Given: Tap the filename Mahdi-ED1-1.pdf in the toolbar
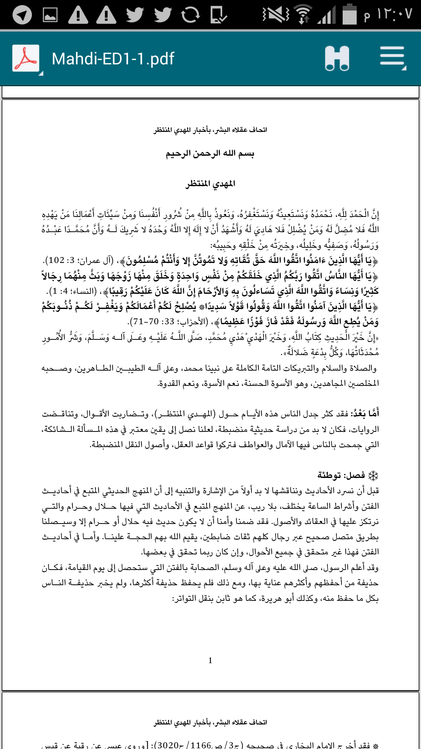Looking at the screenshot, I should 113,59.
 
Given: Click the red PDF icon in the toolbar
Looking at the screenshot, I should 26,59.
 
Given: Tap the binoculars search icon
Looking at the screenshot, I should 337,59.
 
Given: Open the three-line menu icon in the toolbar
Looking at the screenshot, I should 393,58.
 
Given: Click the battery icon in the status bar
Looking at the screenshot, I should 350,15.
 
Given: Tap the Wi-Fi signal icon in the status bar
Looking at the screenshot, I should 304,15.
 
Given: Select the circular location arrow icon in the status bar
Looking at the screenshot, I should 22,15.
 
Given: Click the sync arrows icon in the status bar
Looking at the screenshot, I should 191,15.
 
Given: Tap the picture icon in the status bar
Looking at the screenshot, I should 50,15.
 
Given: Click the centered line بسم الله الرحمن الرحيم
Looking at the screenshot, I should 210,154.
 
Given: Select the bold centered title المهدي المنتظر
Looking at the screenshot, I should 210,183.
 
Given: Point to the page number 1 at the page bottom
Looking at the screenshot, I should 210,660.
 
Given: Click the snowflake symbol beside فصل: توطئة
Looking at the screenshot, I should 373,476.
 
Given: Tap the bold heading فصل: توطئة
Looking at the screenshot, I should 341,475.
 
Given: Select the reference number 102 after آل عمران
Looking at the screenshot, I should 57,260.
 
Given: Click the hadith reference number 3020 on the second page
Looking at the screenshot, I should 168,745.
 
